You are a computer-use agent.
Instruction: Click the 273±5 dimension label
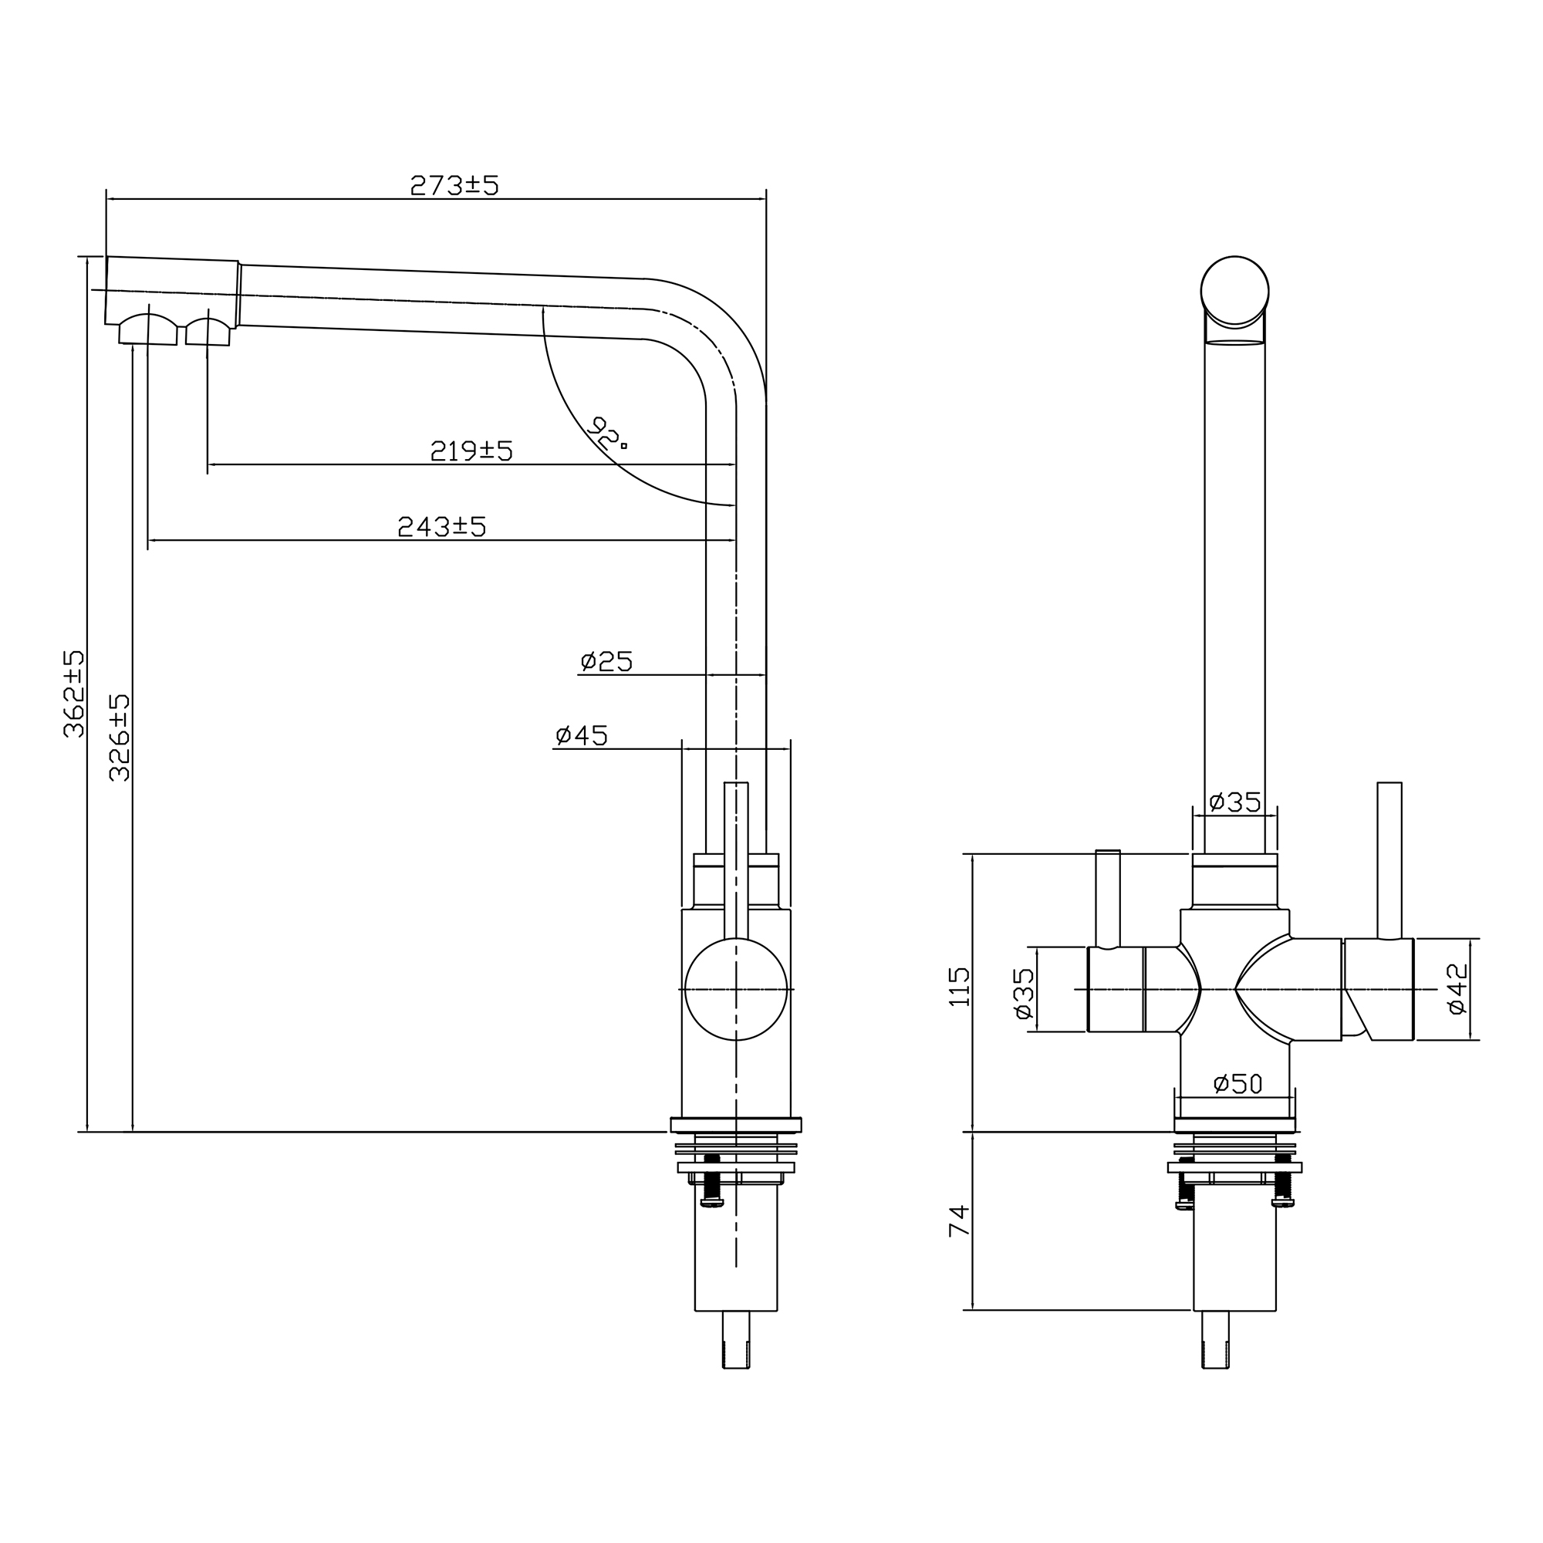pos(454,184)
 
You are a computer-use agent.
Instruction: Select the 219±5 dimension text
pos(471,451)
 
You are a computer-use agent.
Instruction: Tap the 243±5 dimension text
pos(441,526)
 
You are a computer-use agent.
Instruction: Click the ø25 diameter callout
pos(606,661)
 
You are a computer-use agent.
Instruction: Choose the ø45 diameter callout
pos(582,735)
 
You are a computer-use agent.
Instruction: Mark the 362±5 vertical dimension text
pos(74,694)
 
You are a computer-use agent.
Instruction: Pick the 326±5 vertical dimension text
pos(119,737)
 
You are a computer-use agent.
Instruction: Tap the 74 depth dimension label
pos(959,1221)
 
